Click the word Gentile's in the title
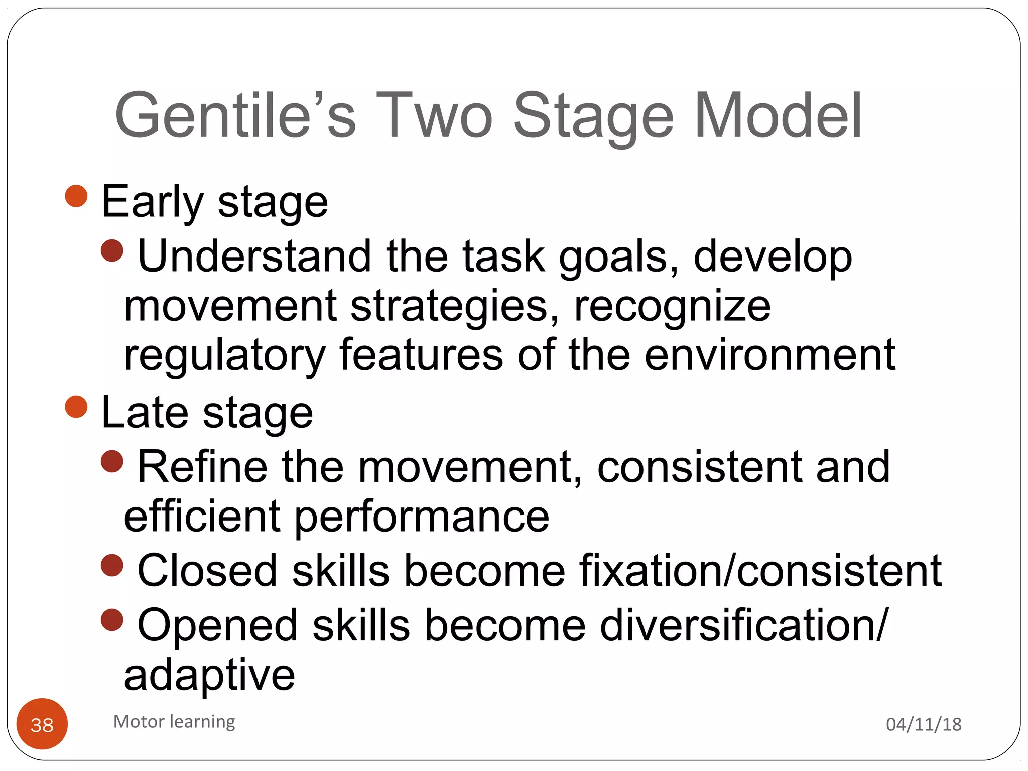tap(235, 115)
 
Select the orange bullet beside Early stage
tap(76, 196)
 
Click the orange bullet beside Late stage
tap(76, 407)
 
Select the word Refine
tap(202, 467)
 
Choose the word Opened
tap(217, 626)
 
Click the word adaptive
tap(209, 675)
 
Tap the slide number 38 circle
tap(42, 724)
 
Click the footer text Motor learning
tap(174, 722)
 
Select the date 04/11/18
tap(924, 724)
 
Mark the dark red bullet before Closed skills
tap(112, 566)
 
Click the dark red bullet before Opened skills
tap(112, 620)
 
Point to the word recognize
tap(672, 307)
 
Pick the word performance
tap(422, 517)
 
